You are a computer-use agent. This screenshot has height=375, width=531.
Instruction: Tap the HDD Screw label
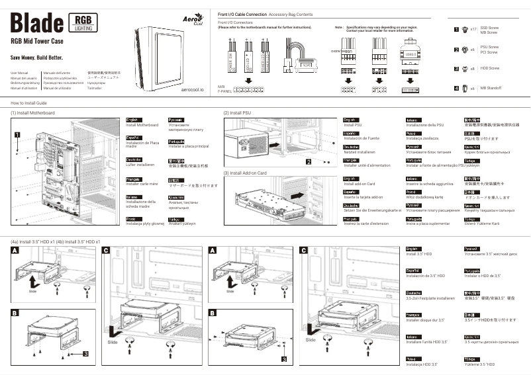pos(489,68)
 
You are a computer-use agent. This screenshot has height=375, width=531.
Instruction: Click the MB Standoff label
pos(491,88)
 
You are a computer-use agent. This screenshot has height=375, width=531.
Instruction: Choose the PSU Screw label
pos(489,47)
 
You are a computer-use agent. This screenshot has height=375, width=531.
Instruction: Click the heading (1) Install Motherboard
pos(33,113)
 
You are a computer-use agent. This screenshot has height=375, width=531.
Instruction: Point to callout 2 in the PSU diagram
pos(308,161)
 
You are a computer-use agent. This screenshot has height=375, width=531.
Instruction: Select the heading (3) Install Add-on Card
pos(245,173)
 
